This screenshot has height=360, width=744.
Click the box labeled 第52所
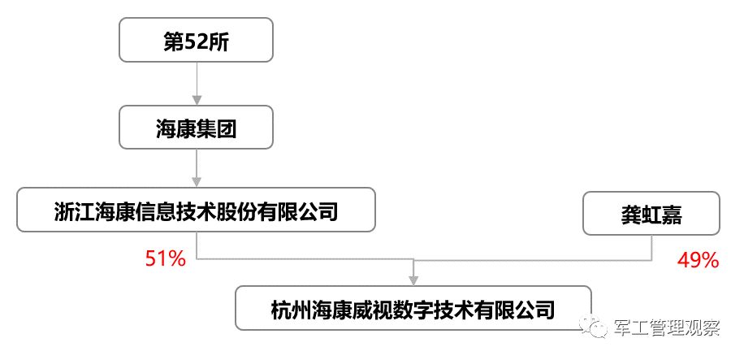pos(197,41)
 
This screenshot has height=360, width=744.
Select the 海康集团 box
pos(197,128)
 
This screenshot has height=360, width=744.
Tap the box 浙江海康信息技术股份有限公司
pos(196,211)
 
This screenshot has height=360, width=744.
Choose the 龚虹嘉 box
pos(650,214)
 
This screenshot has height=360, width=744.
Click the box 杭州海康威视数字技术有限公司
pos(413,308)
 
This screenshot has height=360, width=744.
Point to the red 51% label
pos(166,259)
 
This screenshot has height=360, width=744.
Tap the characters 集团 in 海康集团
pos(217,128)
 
